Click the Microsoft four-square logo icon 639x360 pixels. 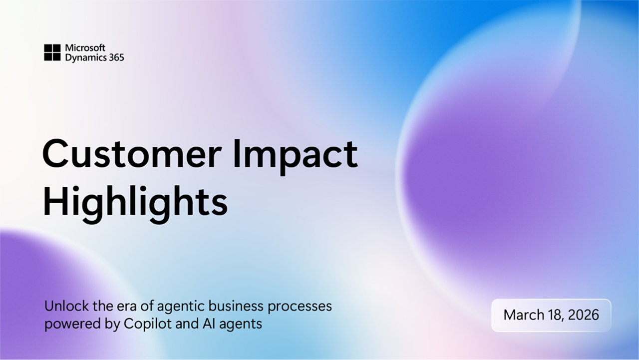[52, 52]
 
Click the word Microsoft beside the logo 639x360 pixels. [85, 47]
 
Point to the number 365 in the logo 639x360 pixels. [116, 57]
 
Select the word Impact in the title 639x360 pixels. [295, 157]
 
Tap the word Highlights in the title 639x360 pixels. [135, 204]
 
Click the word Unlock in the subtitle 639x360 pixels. [67, 306]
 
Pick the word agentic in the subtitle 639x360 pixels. [181, 307]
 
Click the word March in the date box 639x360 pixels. [524, 315]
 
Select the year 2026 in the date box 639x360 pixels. [584, 315]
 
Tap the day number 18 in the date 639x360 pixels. [556, 316]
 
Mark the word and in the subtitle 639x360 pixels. [187, 324]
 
